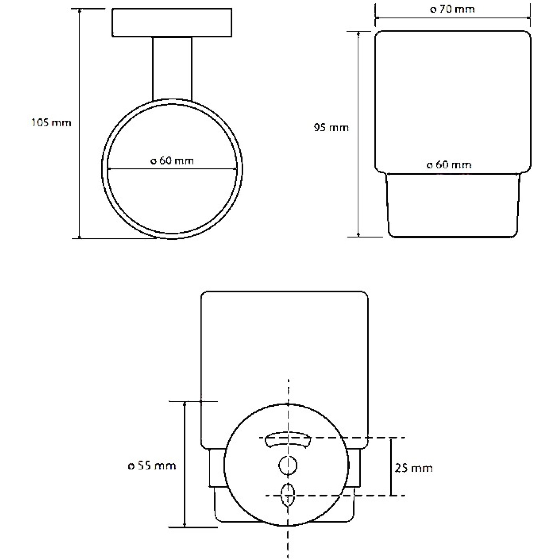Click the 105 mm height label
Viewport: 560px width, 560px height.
tap(51, 123)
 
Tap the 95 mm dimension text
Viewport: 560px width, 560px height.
tap(331, 128)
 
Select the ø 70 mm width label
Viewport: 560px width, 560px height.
tap(452, 9)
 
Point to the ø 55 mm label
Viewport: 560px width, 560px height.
tap(152, 466)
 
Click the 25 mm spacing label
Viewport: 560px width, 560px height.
tap(414, 468)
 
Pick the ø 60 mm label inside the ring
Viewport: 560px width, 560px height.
tap(172, 161)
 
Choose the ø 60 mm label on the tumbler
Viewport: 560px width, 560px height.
tap(449, 165)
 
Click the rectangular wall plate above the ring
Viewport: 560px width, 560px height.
tap(172, 22)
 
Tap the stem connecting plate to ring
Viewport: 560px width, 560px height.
tap(172, 69)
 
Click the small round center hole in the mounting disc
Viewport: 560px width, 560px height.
tap(288, 465)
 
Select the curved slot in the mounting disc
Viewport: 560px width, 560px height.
tap(288, 440)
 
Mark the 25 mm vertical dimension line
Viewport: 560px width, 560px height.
tap(391, 467)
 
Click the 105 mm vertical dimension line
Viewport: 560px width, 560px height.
tap(79, 124)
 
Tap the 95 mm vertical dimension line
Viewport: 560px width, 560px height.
tap(359, 134)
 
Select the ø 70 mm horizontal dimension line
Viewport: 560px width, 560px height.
tap(453, 17)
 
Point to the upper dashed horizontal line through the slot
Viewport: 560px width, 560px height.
tap(332, 437)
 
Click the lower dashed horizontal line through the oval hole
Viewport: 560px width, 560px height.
tap(335, 496)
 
